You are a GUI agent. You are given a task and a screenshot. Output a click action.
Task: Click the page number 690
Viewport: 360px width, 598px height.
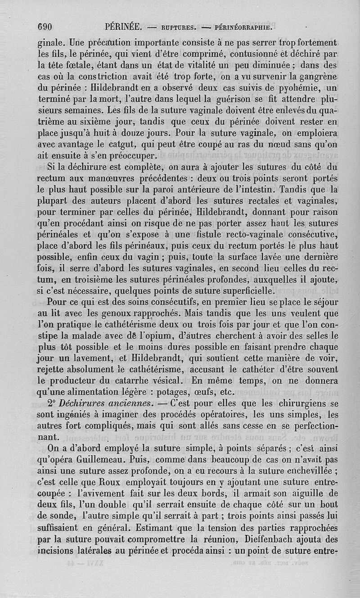45,26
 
